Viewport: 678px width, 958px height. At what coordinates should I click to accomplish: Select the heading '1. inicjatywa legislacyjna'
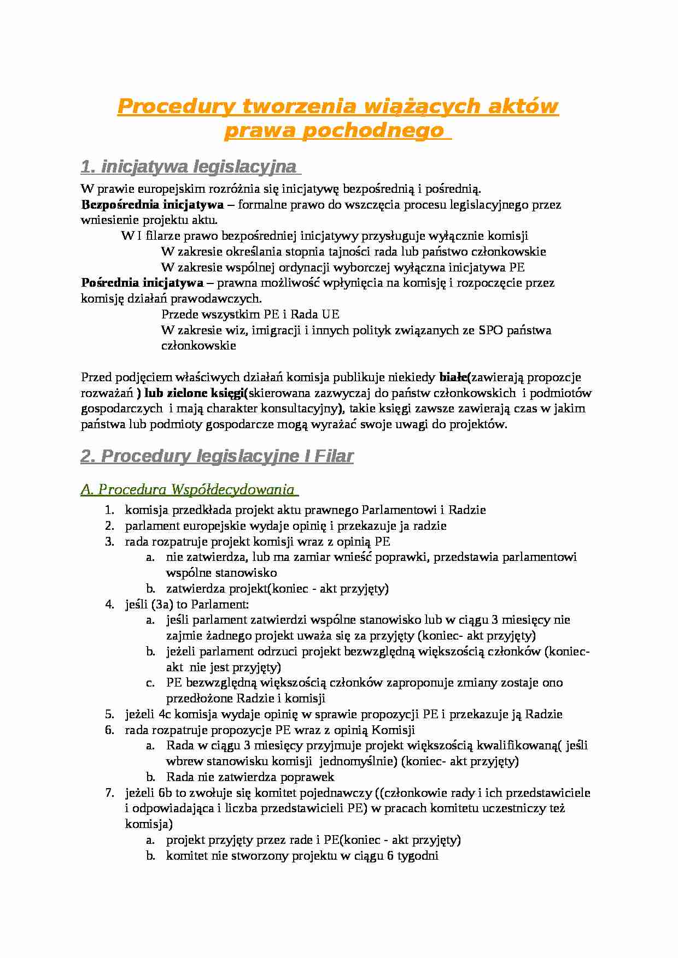(x=188, y=166)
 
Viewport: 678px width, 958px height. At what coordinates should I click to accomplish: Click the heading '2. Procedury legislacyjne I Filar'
(x=217, y=456)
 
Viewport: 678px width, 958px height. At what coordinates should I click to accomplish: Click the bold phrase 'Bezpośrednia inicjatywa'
(x=152, y=205)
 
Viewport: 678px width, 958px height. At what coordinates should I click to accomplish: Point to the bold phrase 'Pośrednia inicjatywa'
(x=142, y=283)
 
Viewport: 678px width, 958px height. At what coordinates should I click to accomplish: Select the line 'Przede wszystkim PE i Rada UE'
(x=250, y=315)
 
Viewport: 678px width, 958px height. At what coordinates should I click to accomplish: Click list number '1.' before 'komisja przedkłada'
(x=109, y=510)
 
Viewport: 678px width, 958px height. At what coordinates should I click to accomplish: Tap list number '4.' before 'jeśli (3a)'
(x=109, y=605)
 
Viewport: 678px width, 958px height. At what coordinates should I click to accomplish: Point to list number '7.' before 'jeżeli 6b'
(x=109, y=793)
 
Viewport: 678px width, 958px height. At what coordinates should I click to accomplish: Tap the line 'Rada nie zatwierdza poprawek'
(x=250, y=777)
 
